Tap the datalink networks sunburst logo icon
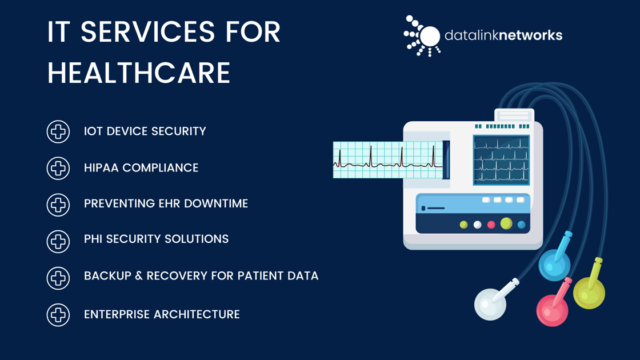click(422, 36)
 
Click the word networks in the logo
click(531, 35)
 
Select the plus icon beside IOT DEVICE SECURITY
click(58, 131)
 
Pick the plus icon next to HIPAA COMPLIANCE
click(58, 168)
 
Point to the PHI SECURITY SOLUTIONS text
click(157, 239)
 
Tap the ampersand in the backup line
click(139, 276)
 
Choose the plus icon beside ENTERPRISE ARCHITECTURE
click(58, 315)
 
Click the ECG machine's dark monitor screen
click(501, 160)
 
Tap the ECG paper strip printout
click(388, 160)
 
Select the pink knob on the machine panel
click(491, 225)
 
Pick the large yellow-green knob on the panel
click(506, 223)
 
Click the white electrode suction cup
click(490, 304)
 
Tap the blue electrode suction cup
click(554, 265)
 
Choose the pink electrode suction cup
click(552, 310)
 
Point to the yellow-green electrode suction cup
click(589, 293)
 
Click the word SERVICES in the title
click(147, 32)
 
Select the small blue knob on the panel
click(521, 225)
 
